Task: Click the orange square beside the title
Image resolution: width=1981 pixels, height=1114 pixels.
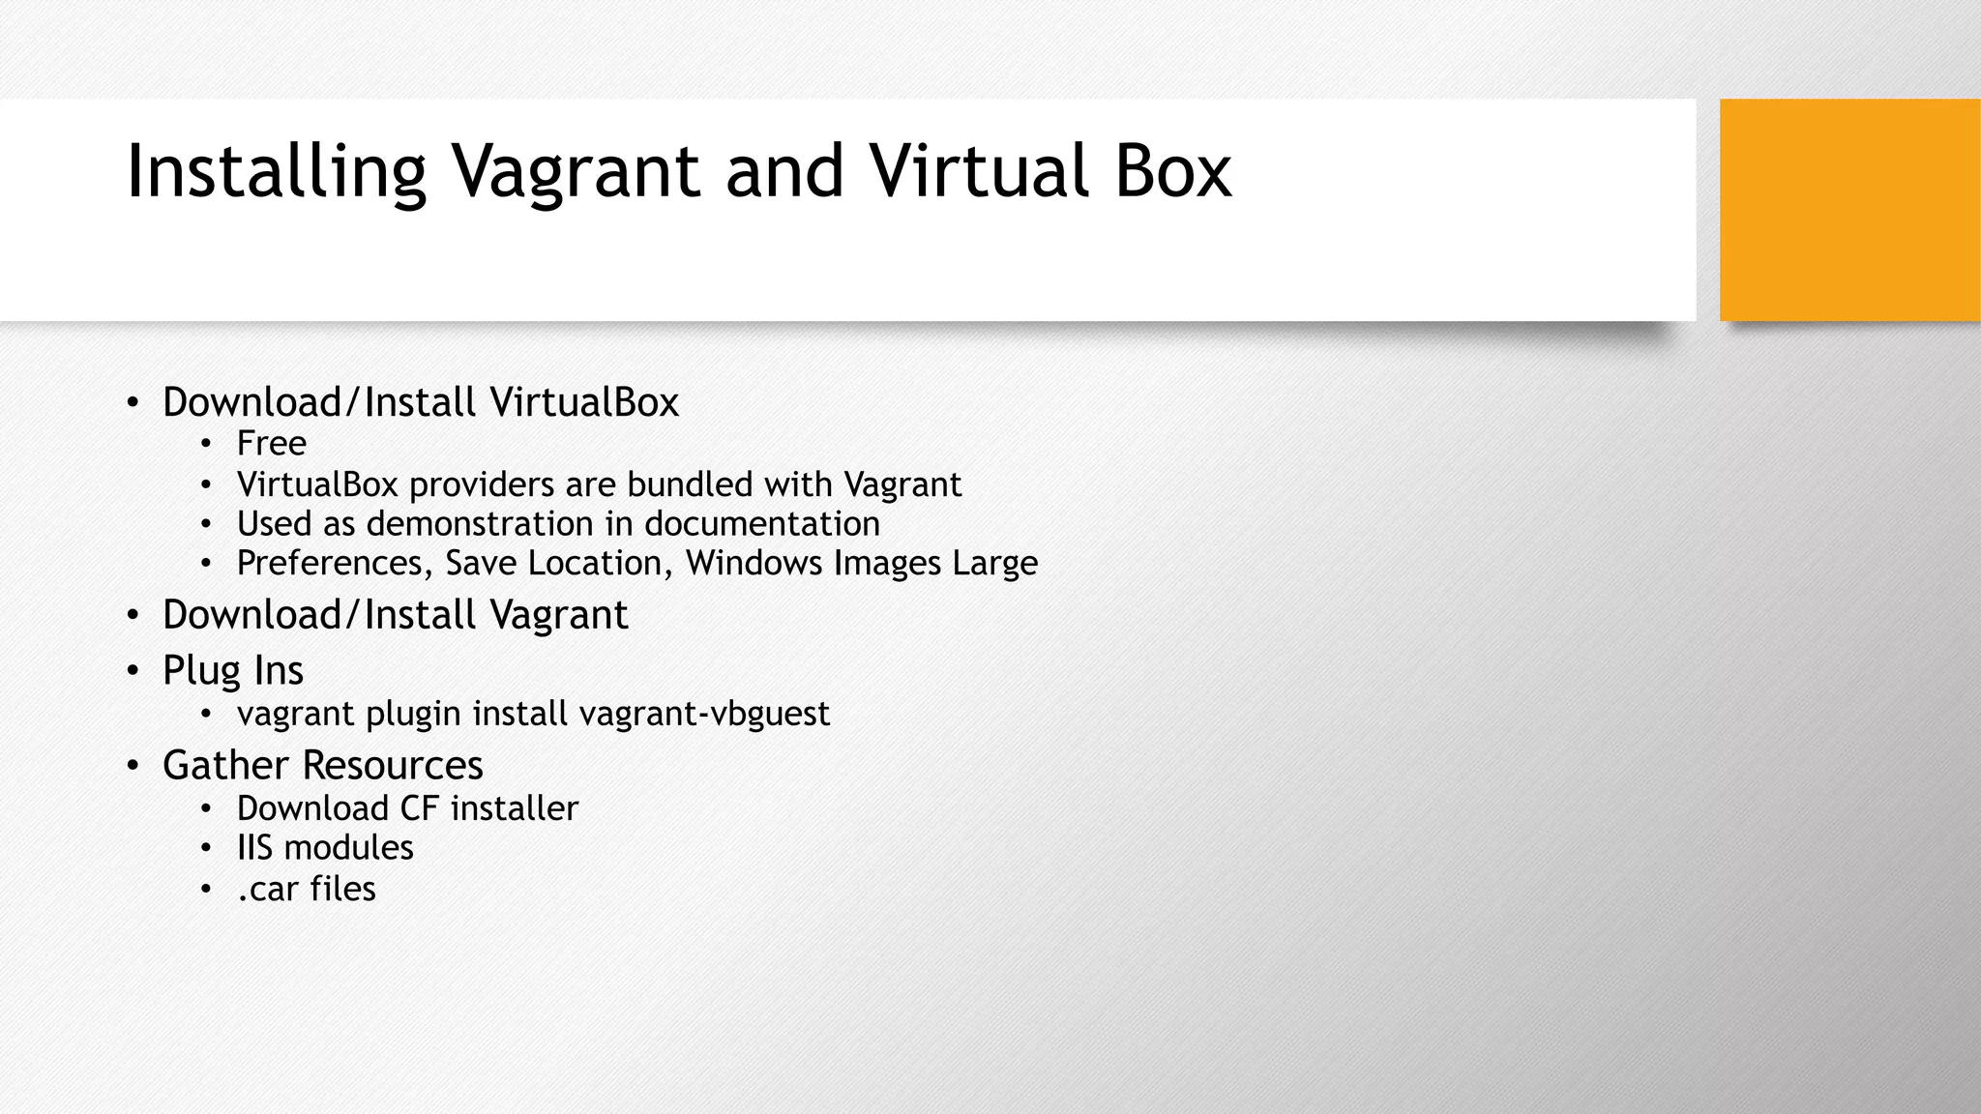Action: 1849,209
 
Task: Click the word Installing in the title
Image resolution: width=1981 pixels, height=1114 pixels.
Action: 277,172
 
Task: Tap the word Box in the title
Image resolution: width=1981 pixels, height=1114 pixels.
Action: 1172,172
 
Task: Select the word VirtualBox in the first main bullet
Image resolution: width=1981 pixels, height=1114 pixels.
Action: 584,402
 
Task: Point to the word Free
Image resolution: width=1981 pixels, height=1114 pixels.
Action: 272,444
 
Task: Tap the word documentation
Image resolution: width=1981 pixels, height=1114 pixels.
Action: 762,524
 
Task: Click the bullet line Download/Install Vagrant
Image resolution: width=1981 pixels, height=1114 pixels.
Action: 395,615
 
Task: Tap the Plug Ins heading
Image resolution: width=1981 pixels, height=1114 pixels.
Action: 233,670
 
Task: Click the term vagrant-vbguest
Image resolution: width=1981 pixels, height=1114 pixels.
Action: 704,714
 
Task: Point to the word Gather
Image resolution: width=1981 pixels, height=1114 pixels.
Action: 225,765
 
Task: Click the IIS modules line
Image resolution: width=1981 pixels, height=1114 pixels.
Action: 325,848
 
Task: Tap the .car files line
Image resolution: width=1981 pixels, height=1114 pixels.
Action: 306,889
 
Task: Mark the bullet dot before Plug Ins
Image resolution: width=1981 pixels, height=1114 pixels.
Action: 133,671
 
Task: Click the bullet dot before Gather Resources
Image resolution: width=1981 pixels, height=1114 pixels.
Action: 133,766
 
